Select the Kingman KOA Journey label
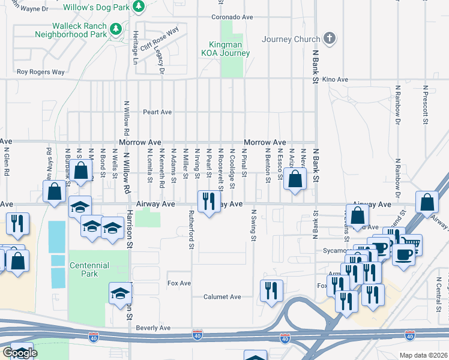pos(229,49)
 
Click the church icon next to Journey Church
pos(328,39)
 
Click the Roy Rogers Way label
pos(40,72)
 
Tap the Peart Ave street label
pos(157,112)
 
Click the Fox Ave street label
pos(179,283)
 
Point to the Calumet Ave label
pos(221,296)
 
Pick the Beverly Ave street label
pos(153,328)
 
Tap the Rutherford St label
pos(191,230)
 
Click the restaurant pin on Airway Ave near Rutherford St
pos(208,202)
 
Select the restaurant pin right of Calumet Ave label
pos(271,291)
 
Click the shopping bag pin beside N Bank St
pos(295,179)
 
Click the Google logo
pos(19,353)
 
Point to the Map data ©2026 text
pos(423,355)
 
